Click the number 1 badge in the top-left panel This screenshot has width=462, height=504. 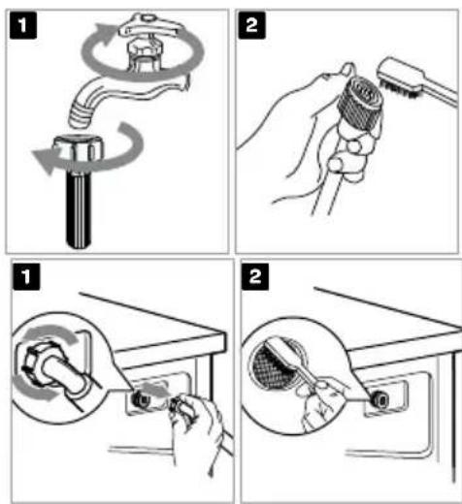[23, 25]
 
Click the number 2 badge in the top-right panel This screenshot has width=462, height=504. [251, 25]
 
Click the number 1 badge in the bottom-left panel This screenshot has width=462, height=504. [26, 276]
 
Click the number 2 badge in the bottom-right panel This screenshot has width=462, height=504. [255, 276]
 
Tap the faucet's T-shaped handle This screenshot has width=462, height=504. [148, 26]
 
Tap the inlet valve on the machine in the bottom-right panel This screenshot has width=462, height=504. [379, 400]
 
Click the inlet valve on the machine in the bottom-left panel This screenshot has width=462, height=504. [141, 400]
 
